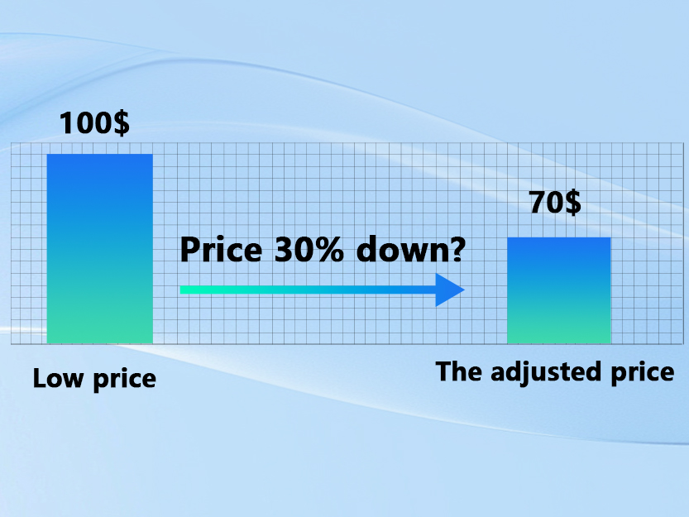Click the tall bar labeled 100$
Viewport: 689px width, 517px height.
(x=99, y=248)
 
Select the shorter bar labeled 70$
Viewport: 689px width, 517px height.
(x=558, y=290)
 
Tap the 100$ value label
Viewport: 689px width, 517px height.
(x=93, y=123)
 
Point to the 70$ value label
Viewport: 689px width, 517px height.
(x=554, y=202)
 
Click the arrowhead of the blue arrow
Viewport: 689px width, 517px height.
(x=450, y=290)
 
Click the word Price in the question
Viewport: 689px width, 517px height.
(x=218, y=250)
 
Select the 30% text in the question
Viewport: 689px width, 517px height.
(x=304, y=249)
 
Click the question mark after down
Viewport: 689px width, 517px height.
(x=454, y=249)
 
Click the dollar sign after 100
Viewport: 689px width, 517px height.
(x=121, y=123)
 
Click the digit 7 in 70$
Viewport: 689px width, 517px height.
(x=537, y=202)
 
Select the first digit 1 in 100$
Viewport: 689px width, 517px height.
(x=66, y=123)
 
